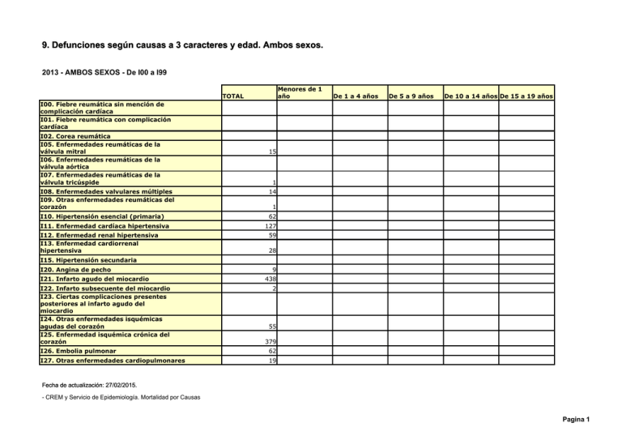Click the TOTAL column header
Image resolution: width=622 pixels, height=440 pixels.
pyautogui.click(x=234, y=96)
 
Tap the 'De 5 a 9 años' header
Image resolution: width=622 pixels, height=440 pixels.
pyautogui.click(x=410, y=96)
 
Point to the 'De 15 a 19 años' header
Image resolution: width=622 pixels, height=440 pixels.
pyautogui.click(x=526, y=96)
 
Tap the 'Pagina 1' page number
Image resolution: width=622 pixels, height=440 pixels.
pyautogui.click(x=602, y=420)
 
